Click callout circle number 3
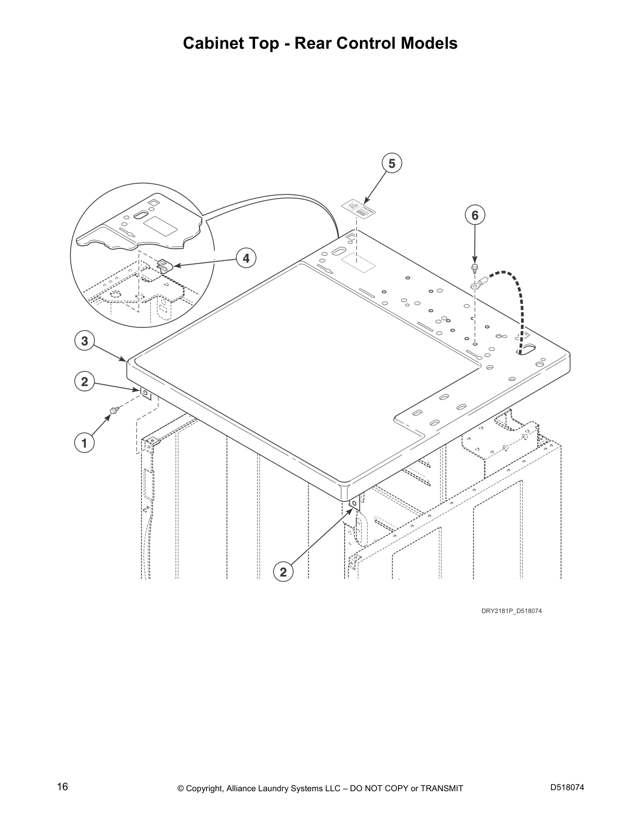(x=84, y=341)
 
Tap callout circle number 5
(x=392, y=163)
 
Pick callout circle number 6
(x=474, y=215)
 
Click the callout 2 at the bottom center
(x=283, y=572)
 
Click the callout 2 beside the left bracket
(x=84, y=382)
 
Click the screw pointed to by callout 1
(x=113, y=409)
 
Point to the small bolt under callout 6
(x=474, y=269)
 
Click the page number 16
(x=62, y=787)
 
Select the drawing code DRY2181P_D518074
(x=508, y=610)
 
